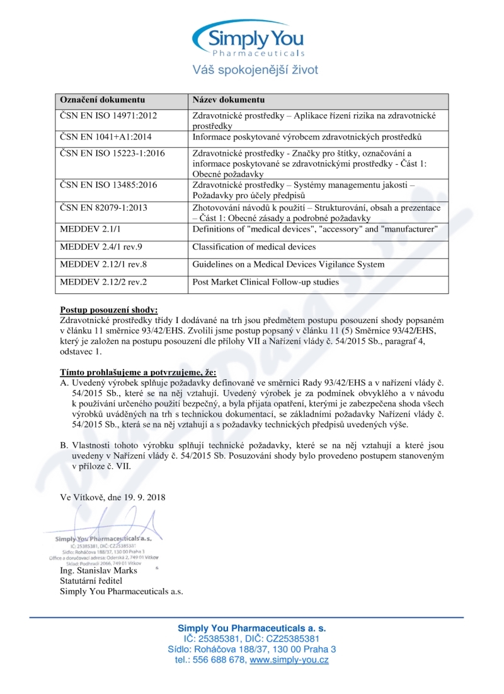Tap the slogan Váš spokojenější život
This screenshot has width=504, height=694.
255,70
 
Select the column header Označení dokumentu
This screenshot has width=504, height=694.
102,100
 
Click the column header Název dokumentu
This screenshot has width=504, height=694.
228,100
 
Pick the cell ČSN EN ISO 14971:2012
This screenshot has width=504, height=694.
108,117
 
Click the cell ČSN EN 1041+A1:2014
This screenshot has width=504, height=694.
105,137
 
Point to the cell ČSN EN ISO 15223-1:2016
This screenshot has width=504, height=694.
112,153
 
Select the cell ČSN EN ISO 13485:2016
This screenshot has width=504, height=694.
108,185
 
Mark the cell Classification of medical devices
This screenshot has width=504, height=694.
254,247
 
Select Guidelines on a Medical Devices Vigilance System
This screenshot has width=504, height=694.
288,264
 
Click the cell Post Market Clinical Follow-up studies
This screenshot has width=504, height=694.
265,282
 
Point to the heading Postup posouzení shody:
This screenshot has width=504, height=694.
109,310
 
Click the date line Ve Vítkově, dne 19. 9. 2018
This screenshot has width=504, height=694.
113,497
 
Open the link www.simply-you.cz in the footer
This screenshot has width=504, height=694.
289,660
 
